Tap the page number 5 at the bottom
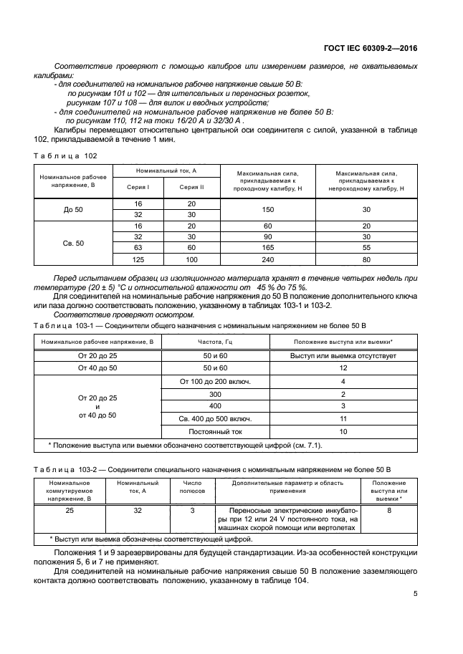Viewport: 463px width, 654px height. tap(416, 593)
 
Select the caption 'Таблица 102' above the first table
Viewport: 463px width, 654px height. tap(65, 155)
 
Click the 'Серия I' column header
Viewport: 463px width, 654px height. tap(138, 187)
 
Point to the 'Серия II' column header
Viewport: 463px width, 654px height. tap(191, 187)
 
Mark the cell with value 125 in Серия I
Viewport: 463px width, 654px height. tap(138, 259)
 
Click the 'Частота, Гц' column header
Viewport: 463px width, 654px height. tap(216, 343)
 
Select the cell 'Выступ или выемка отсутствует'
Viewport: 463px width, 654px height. tap(343, 356)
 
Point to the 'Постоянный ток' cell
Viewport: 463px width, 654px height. tap(216, 432)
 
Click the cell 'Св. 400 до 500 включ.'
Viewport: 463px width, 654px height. tap(216, 419)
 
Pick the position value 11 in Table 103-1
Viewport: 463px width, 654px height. tap(343, 419)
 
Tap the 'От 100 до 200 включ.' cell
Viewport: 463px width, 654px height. tap(216, 381)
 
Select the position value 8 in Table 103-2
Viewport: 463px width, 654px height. tap(389, 510)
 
